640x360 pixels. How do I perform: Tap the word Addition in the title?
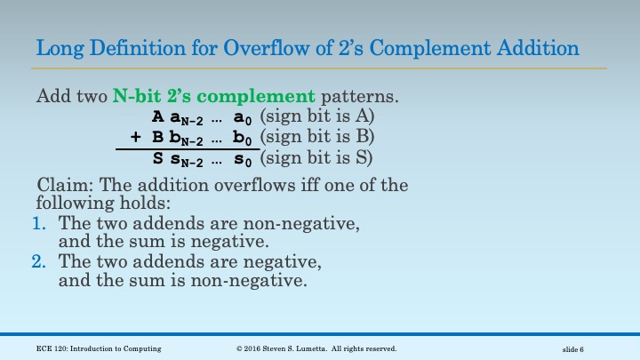539,47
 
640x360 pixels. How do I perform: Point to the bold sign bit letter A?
157,116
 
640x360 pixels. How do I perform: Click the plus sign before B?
136,137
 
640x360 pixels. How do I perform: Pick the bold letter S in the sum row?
157,158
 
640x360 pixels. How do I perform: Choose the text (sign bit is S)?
317,158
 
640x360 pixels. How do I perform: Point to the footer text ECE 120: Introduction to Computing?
99,348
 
